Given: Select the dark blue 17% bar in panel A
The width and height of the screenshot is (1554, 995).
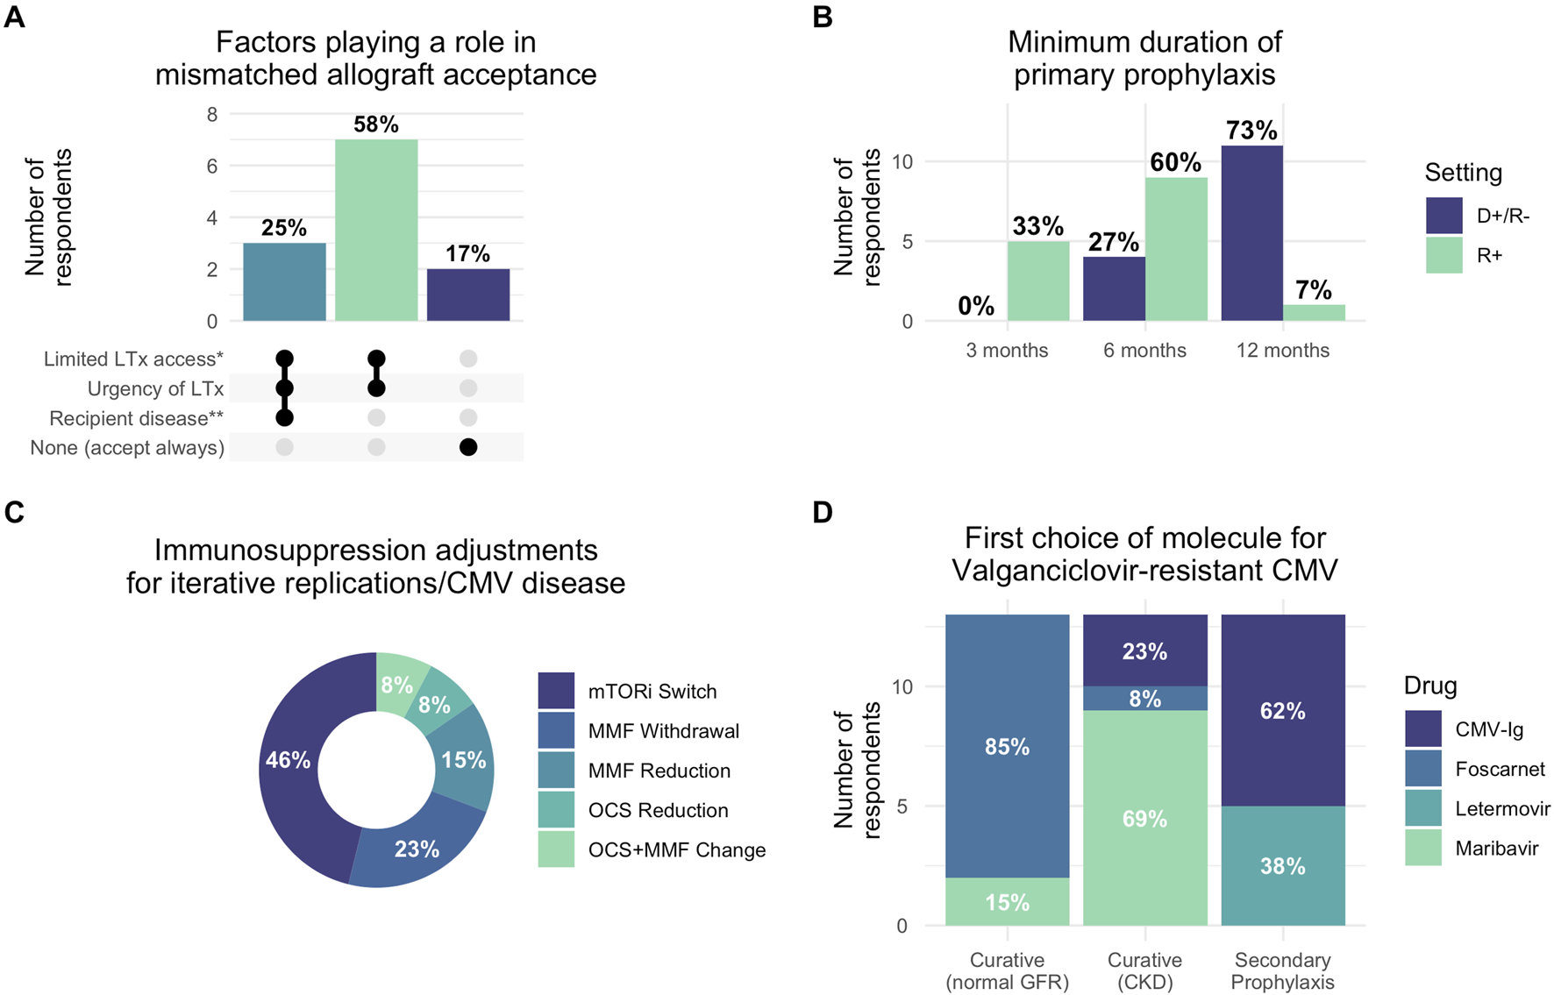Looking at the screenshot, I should click(x=467, y=295).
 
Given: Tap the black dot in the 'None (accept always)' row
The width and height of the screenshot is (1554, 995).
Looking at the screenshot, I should click(x=468, y=447).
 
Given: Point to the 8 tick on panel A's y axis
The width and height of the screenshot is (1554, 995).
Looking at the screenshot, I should click(x=211, y=115).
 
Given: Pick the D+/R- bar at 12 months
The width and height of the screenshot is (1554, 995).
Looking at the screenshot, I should click(x=1251, y=233).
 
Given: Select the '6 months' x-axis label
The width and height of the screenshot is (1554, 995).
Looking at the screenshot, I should click(x=1144, y=351).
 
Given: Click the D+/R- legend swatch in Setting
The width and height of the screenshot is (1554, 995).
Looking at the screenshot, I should click(x=1444, y=216).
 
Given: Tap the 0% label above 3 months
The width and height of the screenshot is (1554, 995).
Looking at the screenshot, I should click(x=976, y=306).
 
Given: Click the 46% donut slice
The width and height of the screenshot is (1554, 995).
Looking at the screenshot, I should click(x=289, y=771).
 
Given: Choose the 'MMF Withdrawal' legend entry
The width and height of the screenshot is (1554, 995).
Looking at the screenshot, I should click(x=663, y=731).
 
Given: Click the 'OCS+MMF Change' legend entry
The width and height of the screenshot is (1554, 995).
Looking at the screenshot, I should click(x=676, y=849).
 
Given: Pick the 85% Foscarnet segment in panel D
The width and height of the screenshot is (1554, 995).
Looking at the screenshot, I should click(x=1007, y=746).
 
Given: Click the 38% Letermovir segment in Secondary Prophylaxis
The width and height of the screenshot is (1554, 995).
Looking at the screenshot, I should click(x=1282, y=866).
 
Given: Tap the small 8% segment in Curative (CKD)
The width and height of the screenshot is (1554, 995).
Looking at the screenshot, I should click(x=1144, y=699).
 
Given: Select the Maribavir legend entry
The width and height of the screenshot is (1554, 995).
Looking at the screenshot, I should click(x=1496, y=848).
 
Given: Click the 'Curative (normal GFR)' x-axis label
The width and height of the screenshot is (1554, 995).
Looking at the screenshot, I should click(x=1007, y=971).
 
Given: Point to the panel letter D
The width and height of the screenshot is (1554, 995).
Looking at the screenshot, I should click(x=823, y=513).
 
